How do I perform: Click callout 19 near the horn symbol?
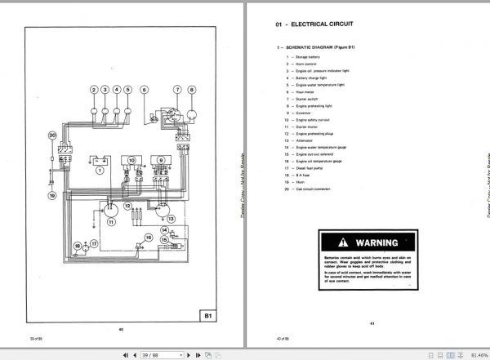pyautogui.click(x=51, y=196)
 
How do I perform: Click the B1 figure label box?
pyautogui.click(x=208, y=314)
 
